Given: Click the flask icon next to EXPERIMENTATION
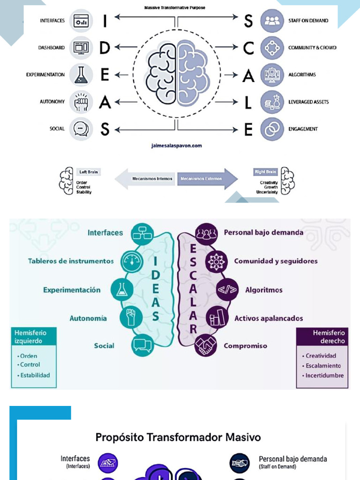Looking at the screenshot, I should click(81, 75).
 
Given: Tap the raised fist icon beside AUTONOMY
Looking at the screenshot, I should click(81, 102).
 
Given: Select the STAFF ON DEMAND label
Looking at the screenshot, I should click(308, 21).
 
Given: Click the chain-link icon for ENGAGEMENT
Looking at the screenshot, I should click(272, 129).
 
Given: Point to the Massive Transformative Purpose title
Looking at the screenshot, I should click(175, 8).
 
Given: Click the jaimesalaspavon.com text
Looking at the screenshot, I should click(176, 146).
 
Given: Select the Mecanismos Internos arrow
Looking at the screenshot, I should click(146, 179).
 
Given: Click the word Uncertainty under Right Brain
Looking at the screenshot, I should click(267, 192).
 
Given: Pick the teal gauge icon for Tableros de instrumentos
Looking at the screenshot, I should click(132, 262).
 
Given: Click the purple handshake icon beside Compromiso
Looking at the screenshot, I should click(205, 346).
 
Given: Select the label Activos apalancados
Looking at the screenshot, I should click(269, 318).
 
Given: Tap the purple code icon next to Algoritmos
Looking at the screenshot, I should click(227, 290).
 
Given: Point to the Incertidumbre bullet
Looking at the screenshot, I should click(324, 375).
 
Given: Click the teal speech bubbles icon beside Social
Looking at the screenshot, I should click(142, 346).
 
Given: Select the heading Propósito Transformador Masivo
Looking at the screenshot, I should click(178, 437).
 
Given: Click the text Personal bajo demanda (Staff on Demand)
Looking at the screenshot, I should click(292, 462).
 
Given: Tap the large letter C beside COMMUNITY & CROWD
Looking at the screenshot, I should click(248, 48).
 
